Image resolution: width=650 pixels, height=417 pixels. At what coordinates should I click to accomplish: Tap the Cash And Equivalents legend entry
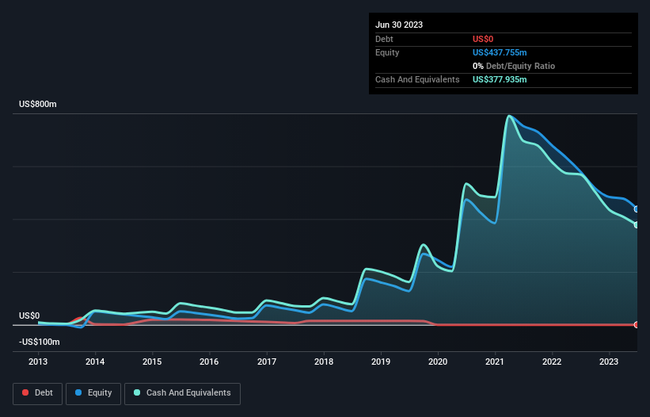pyautogui.click(x=182, y=392)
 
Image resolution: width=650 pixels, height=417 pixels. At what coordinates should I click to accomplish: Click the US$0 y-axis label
pyautogui.click(x=29, y=316)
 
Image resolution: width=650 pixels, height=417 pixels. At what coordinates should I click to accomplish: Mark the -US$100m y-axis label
pyautogui.click(x=38, y=342)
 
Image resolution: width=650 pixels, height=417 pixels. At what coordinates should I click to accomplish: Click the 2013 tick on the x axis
pyautogui.click(x=38, y=362)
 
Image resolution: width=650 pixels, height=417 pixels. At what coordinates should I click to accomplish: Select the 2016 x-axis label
pyautogui.click(x=209, y=362)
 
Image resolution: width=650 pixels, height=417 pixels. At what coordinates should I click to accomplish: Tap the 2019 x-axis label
pyautogui.click(x=381, y=362)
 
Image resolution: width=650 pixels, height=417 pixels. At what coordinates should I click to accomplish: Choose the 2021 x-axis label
pyautogui.click(x=495, y=362)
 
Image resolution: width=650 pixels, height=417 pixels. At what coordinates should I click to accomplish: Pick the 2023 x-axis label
pyautogui.click(x=609, y=362)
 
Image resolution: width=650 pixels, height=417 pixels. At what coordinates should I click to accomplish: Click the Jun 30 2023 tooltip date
pyautogui.click(x=399, y=25)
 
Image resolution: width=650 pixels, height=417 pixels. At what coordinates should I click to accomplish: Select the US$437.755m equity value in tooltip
pyautogui.click(x=505, y=52)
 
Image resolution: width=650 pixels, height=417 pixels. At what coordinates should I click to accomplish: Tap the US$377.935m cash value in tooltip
pyautogui.click(x=505, y=79)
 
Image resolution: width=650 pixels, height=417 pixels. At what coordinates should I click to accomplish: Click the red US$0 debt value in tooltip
pyautogui.click(x=483, y=39)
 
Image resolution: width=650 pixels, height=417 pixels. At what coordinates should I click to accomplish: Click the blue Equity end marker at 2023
pyautogui.click(x=636, y=209)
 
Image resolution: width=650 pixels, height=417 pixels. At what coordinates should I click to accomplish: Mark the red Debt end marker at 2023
pyautogui.click(x=636, y=325)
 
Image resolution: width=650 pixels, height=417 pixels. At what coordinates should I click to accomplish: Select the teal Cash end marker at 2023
pyautogui.click(x=636, y=225)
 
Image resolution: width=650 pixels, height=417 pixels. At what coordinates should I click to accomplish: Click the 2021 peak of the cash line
pyautogui.click(x=508, y=117)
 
